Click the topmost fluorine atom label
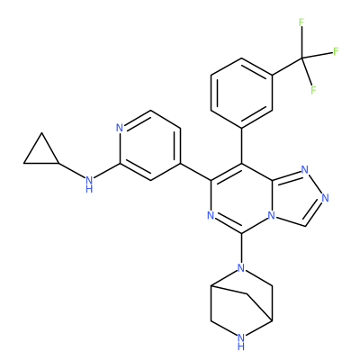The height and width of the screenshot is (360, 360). pyautogui.click(x=301, y=22)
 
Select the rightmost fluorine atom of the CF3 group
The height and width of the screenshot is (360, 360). pyautogui.click(x=336, y=51)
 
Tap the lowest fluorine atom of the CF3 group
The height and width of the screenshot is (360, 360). pyautogui.click(x=313, y=90)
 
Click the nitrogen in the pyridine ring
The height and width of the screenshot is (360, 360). pyautogui.click(x=120, y=128)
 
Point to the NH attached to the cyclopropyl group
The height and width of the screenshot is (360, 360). pyautogui.click(x=89, y=184)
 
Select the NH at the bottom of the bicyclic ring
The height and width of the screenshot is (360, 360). pyautogui.click(x=241, y=342)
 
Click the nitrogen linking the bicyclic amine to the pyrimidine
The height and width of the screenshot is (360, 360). pyautogui.click(x=241, y=267)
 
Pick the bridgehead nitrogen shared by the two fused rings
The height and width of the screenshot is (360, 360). pyautogui.click(x=272, y=215)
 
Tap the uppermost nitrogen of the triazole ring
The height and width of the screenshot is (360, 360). pyautogui.click(x=305, y=170)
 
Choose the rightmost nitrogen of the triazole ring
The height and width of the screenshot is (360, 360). pyautogui.click(x=326, y=198)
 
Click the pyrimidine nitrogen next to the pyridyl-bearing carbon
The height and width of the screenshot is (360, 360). pyautogui.click(x=211, y=215)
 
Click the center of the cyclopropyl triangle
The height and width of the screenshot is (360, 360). pyautogui.click(x=41, y=154)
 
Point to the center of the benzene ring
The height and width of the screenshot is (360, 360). pyautogui.click(x=241, y=92)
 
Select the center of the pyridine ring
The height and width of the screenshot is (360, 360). pyautogui.click(x=150, y=146)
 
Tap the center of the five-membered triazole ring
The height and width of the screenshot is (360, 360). pyautogui.click(x=296, y=199)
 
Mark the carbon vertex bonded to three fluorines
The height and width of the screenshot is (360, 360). pyautogui.click(x=302, y=58)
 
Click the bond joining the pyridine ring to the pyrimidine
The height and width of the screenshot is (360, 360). pyautogui.click(x=196, y=172)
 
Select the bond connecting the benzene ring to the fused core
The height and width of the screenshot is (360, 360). pyautogui.click(x=242, y=145)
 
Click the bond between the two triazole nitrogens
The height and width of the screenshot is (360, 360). pyautogui.click(x=315, y=184)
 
